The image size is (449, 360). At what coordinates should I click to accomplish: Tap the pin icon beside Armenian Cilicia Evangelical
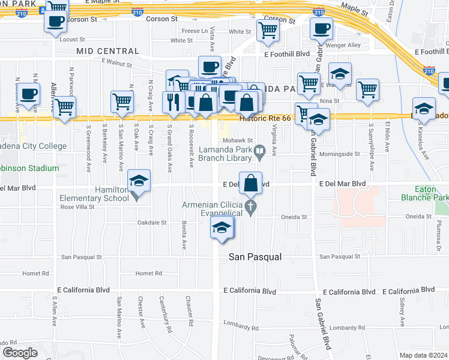coord(253,208)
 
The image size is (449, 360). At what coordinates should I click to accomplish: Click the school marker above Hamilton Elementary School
coord(139,181)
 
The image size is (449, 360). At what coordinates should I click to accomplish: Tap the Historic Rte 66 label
coord(265,118)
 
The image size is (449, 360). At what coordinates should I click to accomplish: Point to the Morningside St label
coord(341,154)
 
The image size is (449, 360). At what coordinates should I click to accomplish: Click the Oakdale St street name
coord(152,222)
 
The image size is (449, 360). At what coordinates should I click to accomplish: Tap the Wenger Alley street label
coord(345,45)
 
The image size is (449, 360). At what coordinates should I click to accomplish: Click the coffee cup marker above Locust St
coord(56,22)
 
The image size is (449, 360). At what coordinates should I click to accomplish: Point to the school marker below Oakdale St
coord(221,227)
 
